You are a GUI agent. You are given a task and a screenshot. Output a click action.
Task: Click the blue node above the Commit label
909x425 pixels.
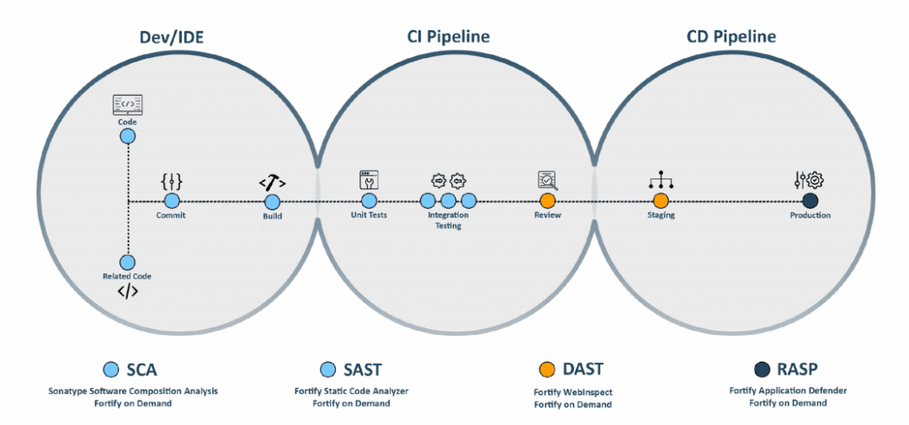point(172,201)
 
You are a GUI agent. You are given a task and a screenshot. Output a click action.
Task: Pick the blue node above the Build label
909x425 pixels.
point(272,201)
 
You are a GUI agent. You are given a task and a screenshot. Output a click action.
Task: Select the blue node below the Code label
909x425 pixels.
point(128,136)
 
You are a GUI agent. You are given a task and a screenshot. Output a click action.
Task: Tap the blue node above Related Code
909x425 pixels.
point(128,263)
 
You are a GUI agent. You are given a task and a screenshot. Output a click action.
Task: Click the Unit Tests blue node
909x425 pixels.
point(369,201)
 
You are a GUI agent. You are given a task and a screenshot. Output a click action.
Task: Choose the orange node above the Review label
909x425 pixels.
point(547,201)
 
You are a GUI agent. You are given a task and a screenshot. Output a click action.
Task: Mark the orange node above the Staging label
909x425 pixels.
point(661,201)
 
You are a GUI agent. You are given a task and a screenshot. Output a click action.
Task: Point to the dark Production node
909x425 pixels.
point(811,201)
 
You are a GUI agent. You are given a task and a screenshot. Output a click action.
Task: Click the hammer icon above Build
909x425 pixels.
point(272,181)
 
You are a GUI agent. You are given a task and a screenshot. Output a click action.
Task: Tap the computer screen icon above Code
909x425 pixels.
point(128,105)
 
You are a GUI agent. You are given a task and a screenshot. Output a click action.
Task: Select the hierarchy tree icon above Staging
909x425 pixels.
point(661,180)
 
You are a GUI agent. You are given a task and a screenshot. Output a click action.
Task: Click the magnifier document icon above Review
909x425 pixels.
point(547,180)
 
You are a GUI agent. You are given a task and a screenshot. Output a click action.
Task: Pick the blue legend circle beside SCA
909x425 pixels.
point(110,369)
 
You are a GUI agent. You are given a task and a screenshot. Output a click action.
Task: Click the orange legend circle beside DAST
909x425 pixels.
point(547,369)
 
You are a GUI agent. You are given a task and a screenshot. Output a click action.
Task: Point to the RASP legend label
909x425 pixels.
point(795,369)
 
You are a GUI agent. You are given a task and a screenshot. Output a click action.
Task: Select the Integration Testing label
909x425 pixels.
point(448,220)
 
